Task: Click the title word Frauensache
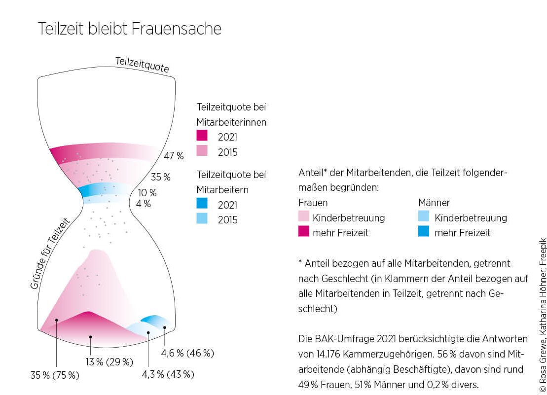tap(176, 29)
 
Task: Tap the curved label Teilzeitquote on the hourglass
tap(142, 65)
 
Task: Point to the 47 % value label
tap(174, 156)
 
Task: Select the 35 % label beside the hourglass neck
tap(160, 177)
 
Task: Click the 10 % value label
tap(147, 192)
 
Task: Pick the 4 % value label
tap(144, 203)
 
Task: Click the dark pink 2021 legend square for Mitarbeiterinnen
tap(202, 136)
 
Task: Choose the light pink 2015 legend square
tap(202, 151)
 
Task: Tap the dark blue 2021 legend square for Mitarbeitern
tap(202, 204)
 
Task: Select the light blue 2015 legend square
tap(202, 218)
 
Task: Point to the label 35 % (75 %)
tap(55, 375)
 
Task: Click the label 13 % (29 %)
tap(109, 362)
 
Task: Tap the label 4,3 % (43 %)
tap(168, 374)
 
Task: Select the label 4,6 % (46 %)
tap(187, 353)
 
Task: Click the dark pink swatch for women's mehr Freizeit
tap(303, 232)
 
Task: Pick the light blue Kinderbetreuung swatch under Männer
tap(424, 216)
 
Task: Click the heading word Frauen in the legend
tap(313, 203)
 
